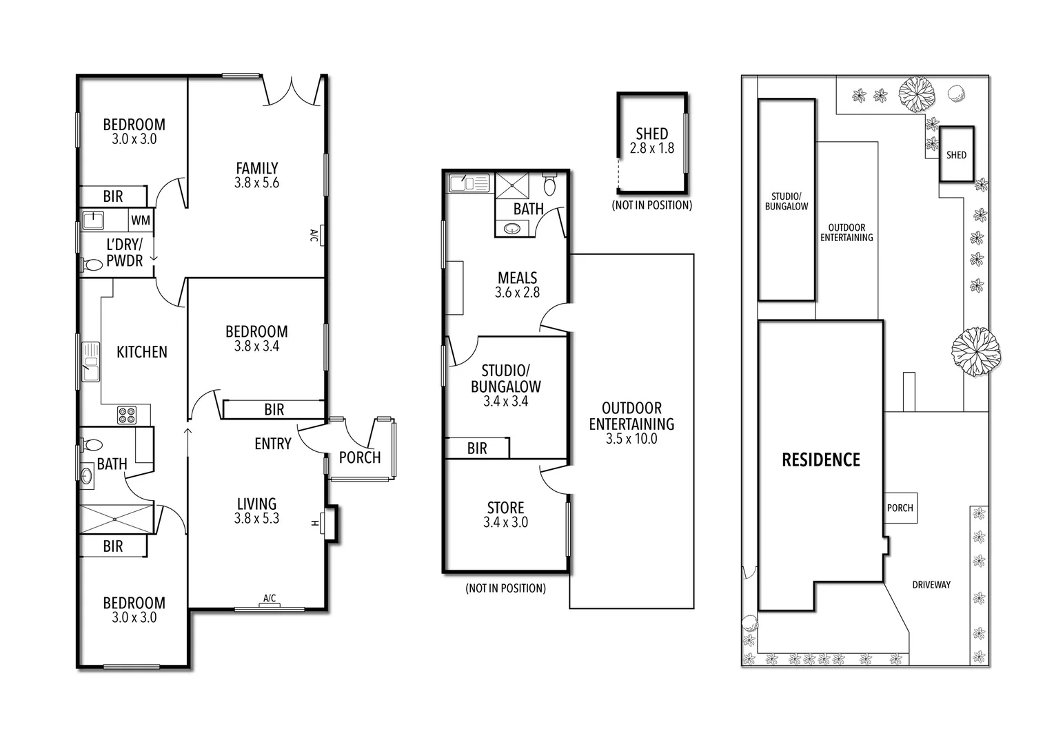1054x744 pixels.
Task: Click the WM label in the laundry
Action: point(141,220)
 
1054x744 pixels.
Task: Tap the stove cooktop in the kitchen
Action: point(127,415)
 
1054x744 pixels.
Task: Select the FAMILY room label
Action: point(256,168)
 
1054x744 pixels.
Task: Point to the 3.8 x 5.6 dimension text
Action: point(256,183)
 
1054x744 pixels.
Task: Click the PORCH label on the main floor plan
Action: point(360,457)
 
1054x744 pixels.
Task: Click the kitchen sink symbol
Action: point(90,361)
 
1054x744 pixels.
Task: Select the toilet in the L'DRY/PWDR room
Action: point(91,264)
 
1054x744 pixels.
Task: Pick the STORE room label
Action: point(505,508)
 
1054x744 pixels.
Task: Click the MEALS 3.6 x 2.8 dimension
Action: point(517,293)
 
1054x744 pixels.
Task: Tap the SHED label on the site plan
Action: point(956,155)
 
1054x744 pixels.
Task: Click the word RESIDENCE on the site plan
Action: point(820,459)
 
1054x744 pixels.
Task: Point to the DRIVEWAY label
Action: point(931,585)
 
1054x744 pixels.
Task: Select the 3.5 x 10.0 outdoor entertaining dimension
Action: point(631,439)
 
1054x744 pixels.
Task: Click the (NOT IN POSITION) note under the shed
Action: point(651,205)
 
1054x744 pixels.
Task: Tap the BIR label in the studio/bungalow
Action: point(477,448)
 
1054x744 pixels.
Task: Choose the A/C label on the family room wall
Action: point(314,236)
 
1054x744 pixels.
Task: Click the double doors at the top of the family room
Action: point(292,91)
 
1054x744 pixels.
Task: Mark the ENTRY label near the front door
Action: point(272,444)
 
